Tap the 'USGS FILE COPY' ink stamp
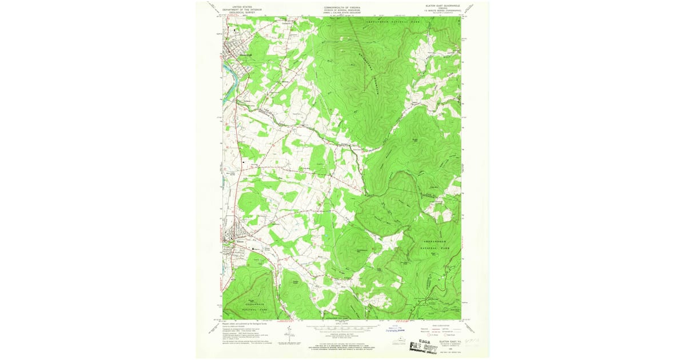click(x=424, y=346)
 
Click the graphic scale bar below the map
click(x=342, y=329)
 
